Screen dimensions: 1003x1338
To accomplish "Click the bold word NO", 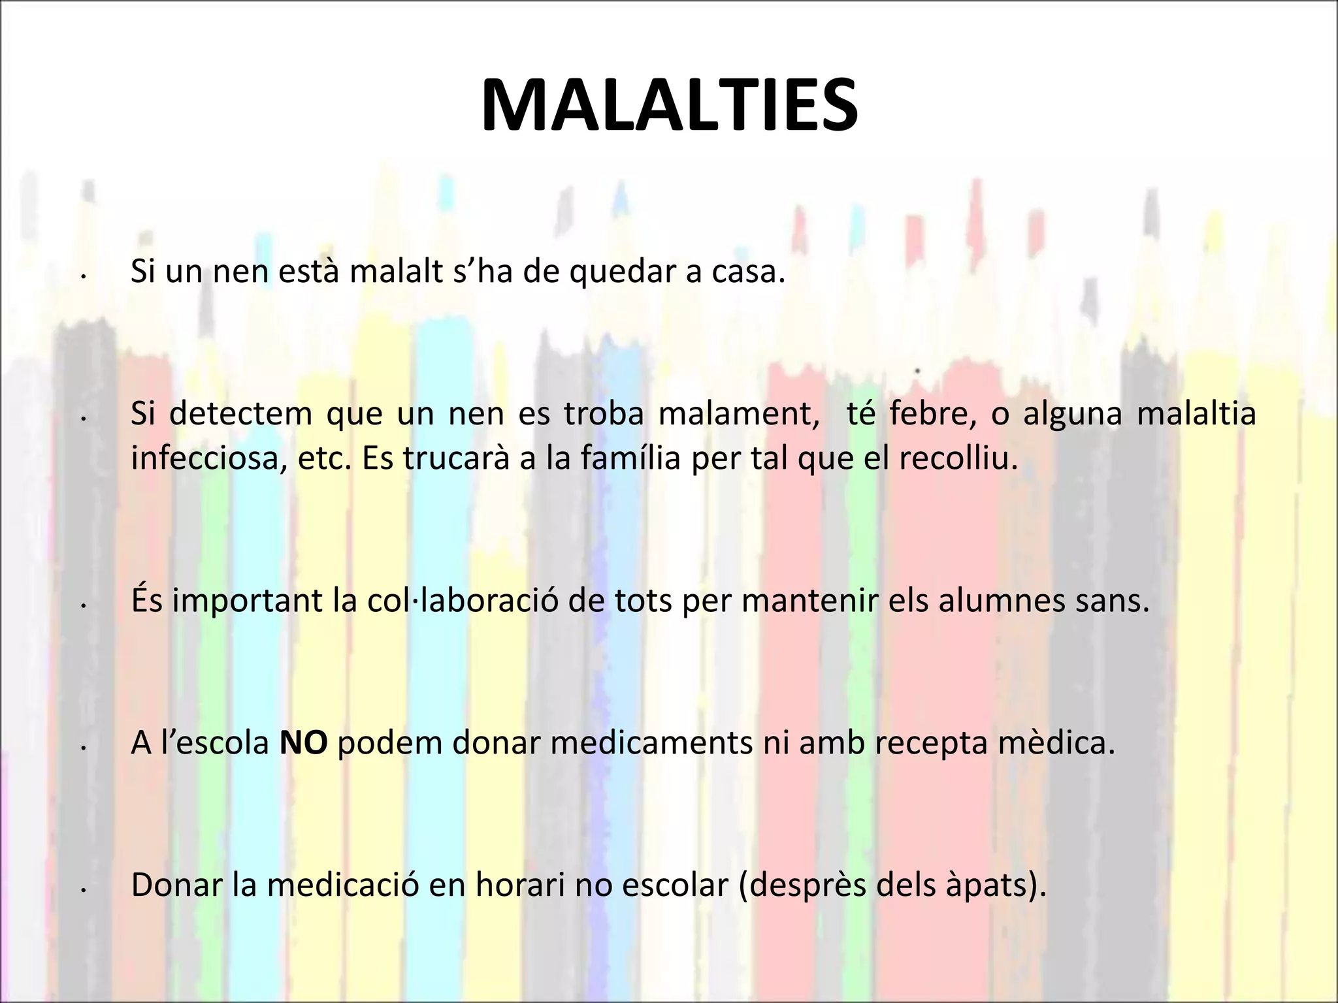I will [x=303, y=744].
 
